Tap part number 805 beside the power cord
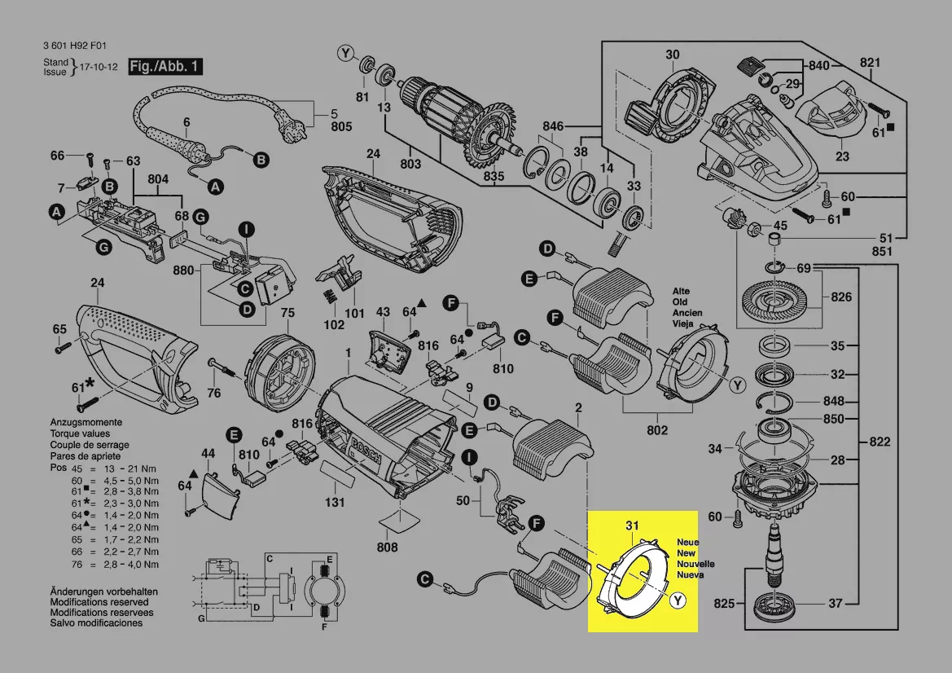[341, 126]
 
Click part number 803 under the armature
[411, 165]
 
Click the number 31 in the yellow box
[633, 526]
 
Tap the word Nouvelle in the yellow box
[695, 564]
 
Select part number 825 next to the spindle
[725, 604]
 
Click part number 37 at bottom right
[836, 604]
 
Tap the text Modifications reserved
[104, 601]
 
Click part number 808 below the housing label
[388, 548]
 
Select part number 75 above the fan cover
[287, 313]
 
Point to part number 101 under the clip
[354, 313]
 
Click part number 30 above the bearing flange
[672, 55]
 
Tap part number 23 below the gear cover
[842, 156]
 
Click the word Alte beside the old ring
[681, 291]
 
